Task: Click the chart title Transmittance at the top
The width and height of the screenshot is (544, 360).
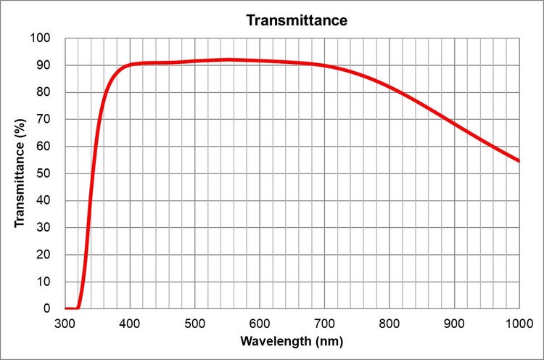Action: pos(296,20)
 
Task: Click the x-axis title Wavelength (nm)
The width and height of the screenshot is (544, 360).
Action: pos(292,340)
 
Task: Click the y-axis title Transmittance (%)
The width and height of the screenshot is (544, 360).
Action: pos(20,173)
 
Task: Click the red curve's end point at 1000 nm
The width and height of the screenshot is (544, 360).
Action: pos(519,160)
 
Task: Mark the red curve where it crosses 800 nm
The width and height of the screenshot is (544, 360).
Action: pos(390,87)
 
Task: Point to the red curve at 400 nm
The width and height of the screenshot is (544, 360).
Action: pos(130,65)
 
